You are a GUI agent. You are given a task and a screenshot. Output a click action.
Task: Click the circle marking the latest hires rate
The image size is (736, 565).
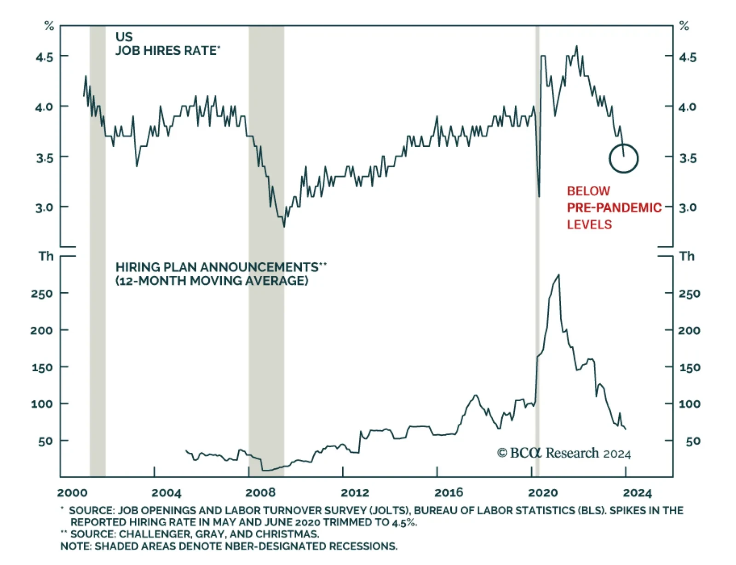click(623, 158)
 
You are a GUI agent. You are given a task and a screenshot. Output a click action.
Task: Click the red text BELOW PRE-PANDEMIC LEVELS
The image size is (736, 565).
click(613, 208)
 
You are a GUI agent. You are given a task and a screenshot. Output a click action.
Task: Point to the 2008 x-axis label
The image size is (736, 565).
click(260, 493)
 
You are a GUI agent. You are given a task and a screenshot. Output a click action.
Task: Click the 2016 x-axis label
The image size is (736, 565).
click(448, 493)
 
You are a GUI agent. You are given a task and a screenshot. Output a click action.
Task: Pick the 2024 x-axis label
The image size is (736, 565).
click(637, 493)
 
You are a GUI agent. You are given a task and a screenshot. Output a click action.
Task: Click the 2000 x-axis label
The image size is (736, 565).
click(72, 493)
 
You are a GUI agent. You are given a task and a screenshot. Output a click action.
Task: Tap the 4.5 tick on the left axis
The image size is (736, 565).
click(45, 57)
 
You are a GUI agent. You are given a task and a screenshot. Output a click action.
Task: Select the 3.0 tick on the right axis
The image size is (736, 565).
click(688, 208)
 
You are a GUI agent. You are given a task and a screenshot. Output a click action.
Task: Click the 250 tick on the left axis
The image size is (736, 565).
click(42, 294)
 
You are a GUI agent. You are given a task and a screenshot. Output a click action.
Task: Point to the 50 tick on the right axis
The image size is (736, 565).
click(693, 441)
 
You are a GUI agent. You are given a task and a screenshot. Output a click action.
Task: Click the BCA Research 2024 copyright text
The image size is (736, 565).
click(563, 453)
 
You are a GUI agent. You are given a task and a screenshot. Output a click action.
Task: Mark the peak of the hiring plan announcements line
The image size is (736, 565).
click(558, 275)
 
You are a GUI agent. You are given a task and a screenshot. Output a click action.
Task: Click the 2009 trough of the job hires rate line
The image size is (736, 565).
click(284, 226)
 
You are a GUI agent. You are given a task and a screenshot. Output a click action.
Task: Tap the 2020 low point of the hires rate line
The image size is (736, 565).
click(539, 196)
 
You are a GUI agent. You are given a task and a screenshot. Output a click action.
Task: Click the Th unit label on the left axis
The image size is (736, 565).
click(46, 256)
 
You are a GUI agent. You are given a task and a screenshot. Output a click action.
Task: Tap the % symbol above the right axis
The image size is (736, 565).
click(684, 26)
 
